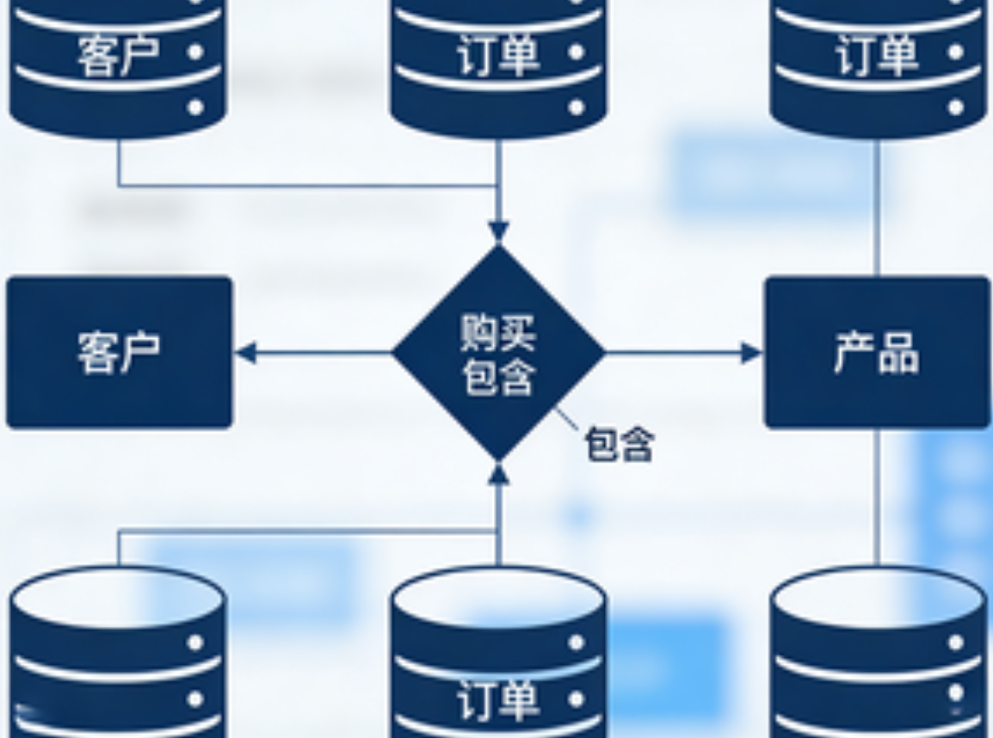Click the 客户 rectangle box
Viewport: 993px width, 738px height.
(x=119, y=352)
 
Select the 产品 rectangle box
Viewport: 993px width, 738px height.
(x=877, y=352)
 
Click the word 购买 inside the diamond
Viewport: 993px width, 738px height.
(x=498, y=332)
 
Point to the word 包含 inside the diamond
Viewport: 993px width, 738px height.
(x=498, y=377)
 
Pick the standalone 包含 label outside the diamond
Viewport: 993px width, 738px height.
(x=620, y=445)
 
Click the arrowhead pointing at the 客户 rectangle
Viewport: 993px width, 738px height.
(x=246, y=353)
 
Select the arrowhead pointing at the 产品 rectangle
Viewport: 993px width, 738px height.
(x=750, y=353)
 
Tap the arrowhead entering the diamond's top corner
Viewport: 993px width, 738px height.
(x=498, y=231)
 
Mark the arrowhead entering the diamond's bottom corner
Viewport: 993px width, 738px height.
(x=498, y=473)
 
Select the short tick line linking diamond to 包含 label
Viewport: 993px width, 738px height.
(x=566, y=420)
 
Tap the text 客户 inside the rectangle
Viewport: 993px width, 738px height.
(x=119, y=352)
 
